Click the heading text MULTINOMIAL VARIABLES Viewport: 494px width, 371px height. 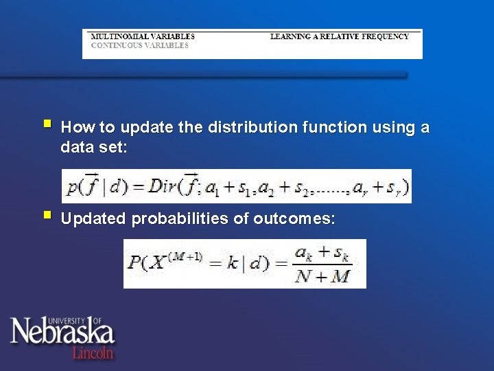(x=143, y=36)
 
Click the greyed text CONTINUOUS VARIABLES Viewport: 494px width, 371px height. (x=139, y=45)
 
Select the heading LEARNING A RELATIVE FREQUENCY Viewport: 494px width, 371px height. (x=339, y=36)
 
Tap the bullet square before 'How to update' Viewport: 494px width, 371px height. (x=46, y=125)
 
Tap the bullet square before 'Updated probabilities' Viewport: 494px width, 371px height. (x=46, y=216)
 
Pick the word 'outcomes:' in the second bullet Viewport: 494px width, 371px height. (x=294, y=219)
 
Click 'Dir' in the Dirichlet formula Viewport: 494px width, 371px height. (x=163, y=186)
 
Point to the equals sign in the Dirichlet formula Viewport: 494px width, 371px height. (x=138, y=187)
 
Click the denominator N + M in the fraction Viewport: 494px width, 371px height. (x=322, y=276)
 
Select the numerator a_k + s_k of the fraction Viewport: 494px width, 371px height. (x=322, y=253)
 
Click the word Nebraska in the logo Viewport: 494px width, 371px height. (x=62, y=333)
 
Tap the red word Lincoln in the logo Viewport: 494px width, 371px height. (x=93, y=352)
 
